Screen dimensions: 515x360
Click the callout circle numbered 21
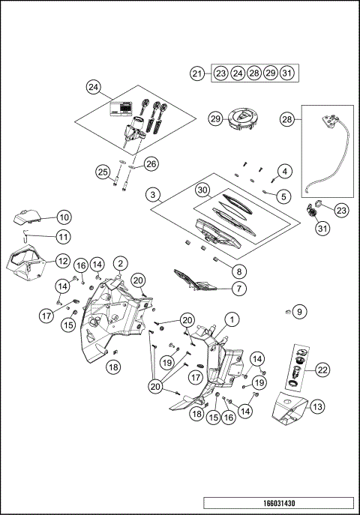(x=197, y=73)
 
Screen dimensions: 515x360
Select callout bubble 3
(x=154, y=195)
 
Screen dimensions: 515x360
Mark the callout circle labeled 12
(x=61, y=262)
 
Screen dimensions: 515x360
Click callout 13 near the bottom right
(x=317, y=406)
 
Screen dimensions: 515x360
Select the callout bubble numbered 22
(x=322, y=370)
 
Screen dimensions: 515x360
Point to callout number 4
(x=283, y=172)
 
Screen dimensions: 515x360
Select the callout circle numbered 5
(x=283, y=196)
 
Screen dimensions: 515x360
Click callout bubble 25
(x=103, y=172)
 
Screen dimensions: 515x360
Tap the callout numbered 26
(x=151, y=163)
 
